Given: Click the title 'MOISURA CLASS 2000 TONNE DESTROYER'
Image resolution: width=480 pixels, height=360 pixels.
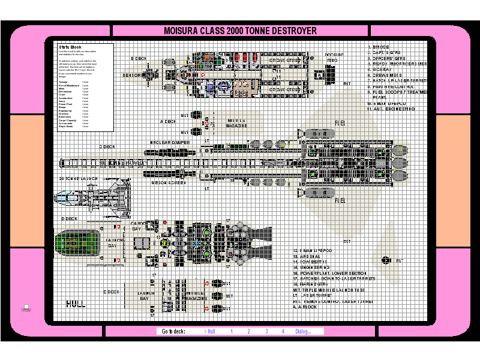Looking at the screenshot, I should [x=240, y=31].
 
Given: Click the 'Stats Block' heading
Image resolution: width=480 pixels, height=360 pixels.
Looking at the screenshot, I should [x=70, y=47].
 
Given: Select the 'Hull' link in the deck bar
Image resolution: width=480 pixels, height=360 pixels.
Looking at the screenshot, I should [x=211, y=331].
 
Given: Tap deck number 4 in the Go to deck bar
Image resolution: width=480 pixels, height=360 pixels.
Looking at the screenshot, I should [x=283, y=331].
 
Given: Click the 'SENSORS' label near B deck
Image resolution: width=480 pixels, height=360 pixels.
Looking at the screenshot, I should [x=133, y=76].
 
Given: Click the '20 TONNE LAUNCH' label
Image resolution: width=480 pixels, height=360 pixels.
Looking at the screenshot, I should [x=78, y=179].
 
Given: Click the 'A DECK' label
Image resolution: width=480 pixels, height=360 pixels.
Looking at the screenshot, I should [x=168, y=121].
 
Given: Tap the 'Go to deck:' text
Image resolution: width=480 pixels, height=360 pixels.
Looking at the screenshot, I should [x=173, y=331].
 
